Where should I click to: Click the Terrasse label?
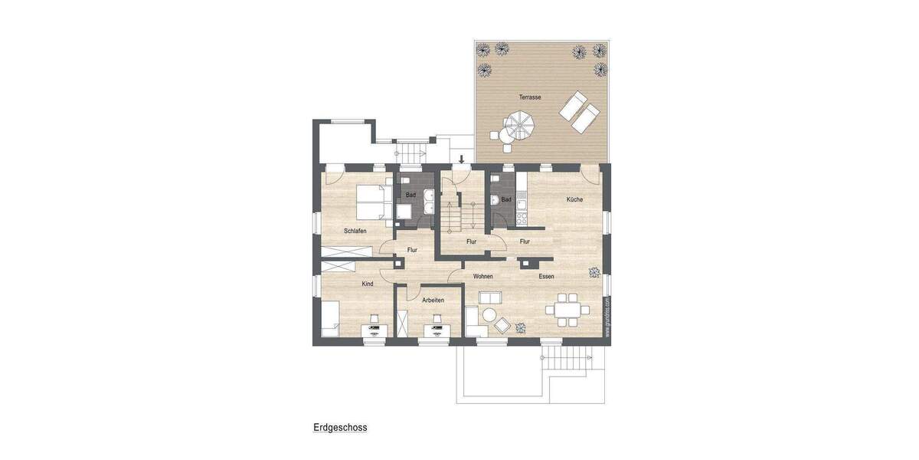pyautogui.click(x=529, y=97)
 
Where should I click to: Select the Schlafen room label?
pyautogui.click(x=355, y=231)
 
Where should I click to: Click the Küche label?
pyautogui.click(x=574, y=199)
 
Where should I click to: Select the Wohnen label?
pyautogui.click(x=482, y=276)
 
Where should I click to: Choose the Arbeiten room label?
pyautogui.click(x=433, y=300)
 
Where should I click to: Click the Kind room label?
pyautogui.click(x=368, y=284)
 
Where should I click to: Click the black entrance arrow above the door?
pyautogui.click(x=461, y=159)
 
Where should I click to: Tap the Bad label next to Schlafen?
pyautogui.click(x=410, y=195)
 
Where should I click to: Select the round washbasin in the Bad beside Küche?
pyautogui.click(x=495, y=201)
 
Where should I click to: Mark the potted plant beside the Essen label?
pyautogui.click(x=593, y=272)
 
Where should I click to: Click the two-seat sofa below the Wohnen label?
pyautogui.click(x=488, y=297)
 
